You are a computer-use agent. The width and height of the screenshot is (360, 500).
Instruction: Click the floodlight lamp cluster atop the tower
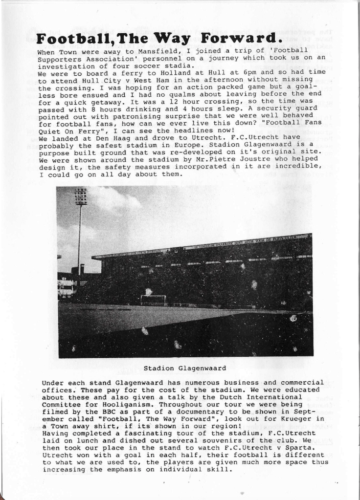point(81,196)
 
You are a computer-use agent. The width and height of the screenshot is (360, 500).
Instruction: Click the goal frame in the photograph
point(153,299)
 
